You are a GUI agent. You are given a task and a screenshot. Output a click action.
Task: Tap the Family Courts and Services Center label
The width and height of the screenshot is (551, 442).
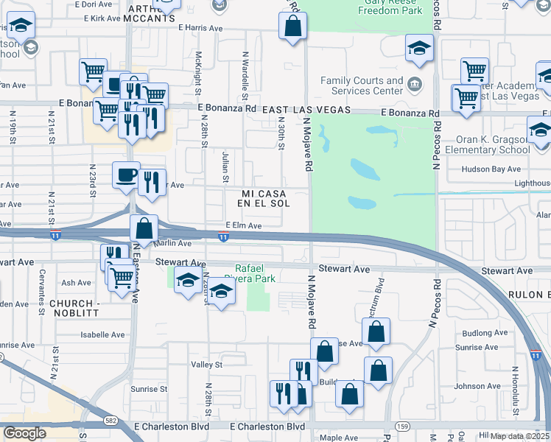[x=362, y=85]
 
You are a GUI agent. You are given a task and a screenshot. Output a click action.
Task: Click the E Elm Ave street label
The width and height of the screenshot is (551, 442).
[x=244, y=225]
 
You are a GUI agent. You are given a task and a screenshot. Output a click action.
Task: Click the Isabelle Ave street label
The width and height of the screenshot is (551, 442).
[x=102, y=334]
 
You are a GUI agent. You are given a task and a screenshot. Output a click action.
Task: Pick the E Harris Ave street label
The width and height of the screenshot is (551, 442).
[x=200, y=28]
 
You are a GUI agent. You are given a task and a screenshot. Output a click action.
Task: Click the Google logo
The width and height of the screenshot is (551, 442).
[x=24, y=433]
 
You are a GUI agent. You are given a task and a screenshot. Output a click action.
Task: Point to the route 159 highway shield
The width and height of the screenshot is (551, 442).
[x=402, y=426]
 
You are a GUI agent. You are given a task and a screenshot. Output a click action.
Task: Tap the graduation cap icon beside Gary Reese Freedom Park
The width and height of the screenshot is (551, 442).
[x=420, y=49]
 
